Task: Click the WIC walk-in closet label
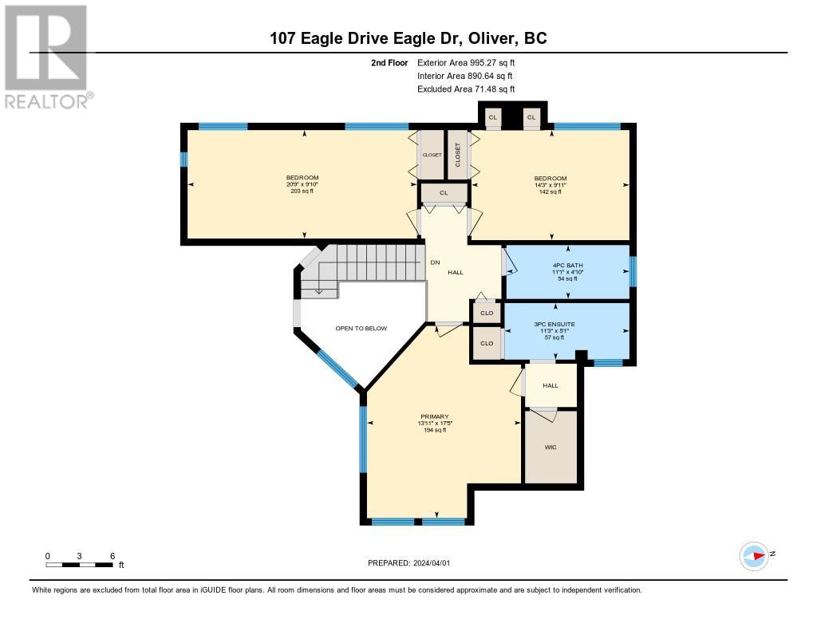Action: point(551,447)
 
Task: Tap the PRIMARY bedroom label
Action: point(435,416)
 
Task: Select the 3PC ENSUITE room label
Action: point(555,324)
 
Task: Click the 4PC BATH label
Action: point(567,265)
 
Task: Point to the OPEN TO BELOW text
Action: point(361,329)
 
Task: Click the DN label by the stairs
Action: point(435,262)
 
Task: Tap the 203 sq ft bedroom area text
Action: point(302,191)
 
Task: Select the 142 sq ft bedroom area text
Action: point(551,191)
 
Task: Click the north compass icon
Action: point(754,556)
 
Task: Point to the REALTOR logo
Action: point(46,57)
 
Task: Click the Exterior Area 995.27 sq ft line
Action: point(466,62)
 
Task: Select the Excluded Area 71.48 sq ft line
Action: point(466,89)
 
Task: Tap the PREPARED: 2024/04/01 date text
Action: point(409,562)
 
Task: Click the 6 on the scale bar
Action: point(112,556)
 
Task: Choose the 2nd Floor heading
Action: point(389,62)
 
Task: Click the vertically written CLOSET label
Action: point(458,155)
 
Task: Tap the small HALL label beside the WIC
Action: point(551,385)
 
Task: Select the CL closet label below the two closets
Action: point(444,193)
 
